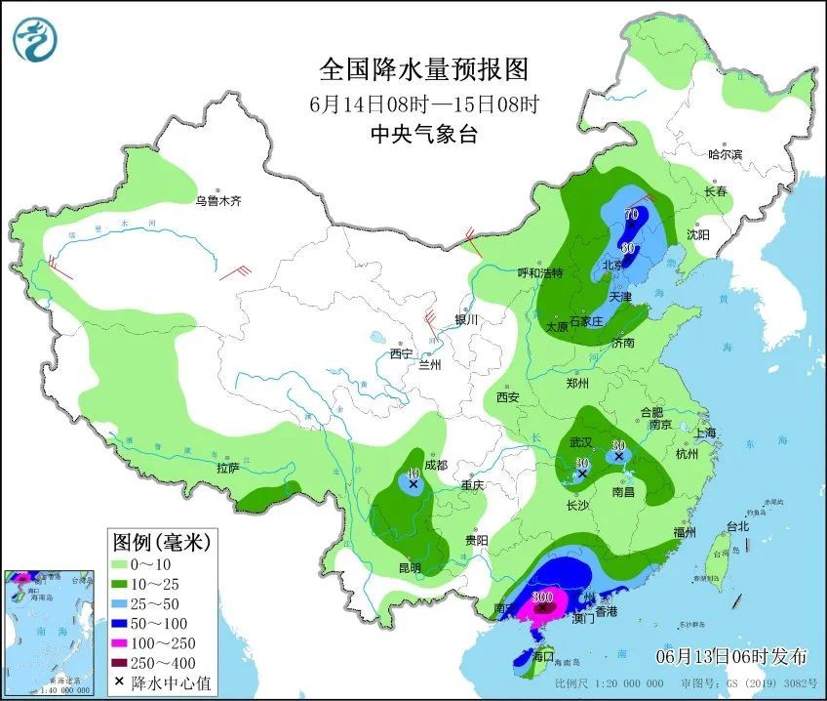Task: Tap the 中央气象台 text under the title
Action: click(422, 135)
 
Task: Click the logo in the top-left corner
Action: click(35, 38)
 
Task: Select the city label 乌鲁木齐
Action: click(217, 201)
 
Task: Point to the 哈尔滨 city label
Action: click(725, 154)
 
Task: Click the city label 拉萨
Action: click(228, 469)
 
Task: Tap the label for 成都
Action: click(436, 465)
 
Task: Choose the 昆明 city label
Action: click(410, 567)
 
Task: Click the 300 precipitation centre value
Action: click(543, 596)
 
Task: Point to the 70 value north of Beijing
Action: click(630, 214)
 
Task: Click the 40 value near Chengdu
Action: click(412, 473)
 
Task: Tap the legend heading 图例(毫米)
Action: click(159, 540)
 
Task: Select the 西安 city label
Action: click(507, 397)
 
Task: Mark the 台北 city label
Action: click(737, 526)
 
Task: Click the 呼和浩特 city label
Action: click(539, 273)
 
